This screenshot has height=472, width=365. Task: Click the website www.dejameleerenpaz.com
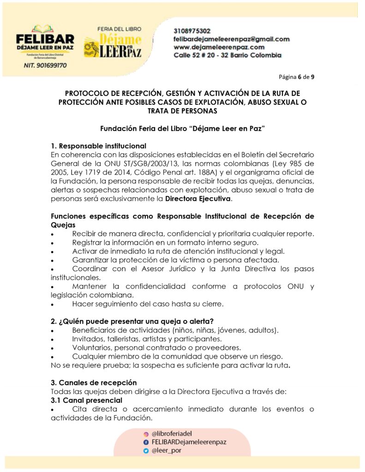219,47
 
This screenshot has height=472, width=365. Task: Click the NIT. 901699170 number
45,65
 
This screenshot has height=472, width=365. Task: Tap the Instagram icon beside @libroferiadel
146,434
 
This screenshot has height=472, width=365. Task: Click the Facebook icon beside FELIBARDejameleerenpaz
146,442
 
